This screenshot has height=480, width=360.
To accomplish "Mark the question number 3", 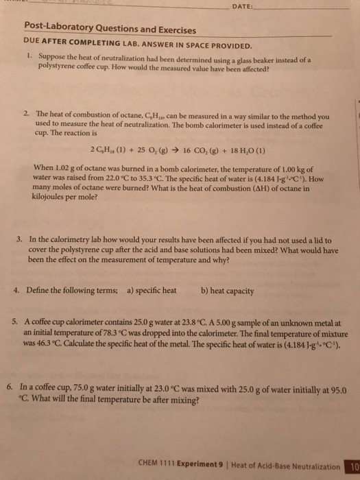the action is (21, 240).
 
